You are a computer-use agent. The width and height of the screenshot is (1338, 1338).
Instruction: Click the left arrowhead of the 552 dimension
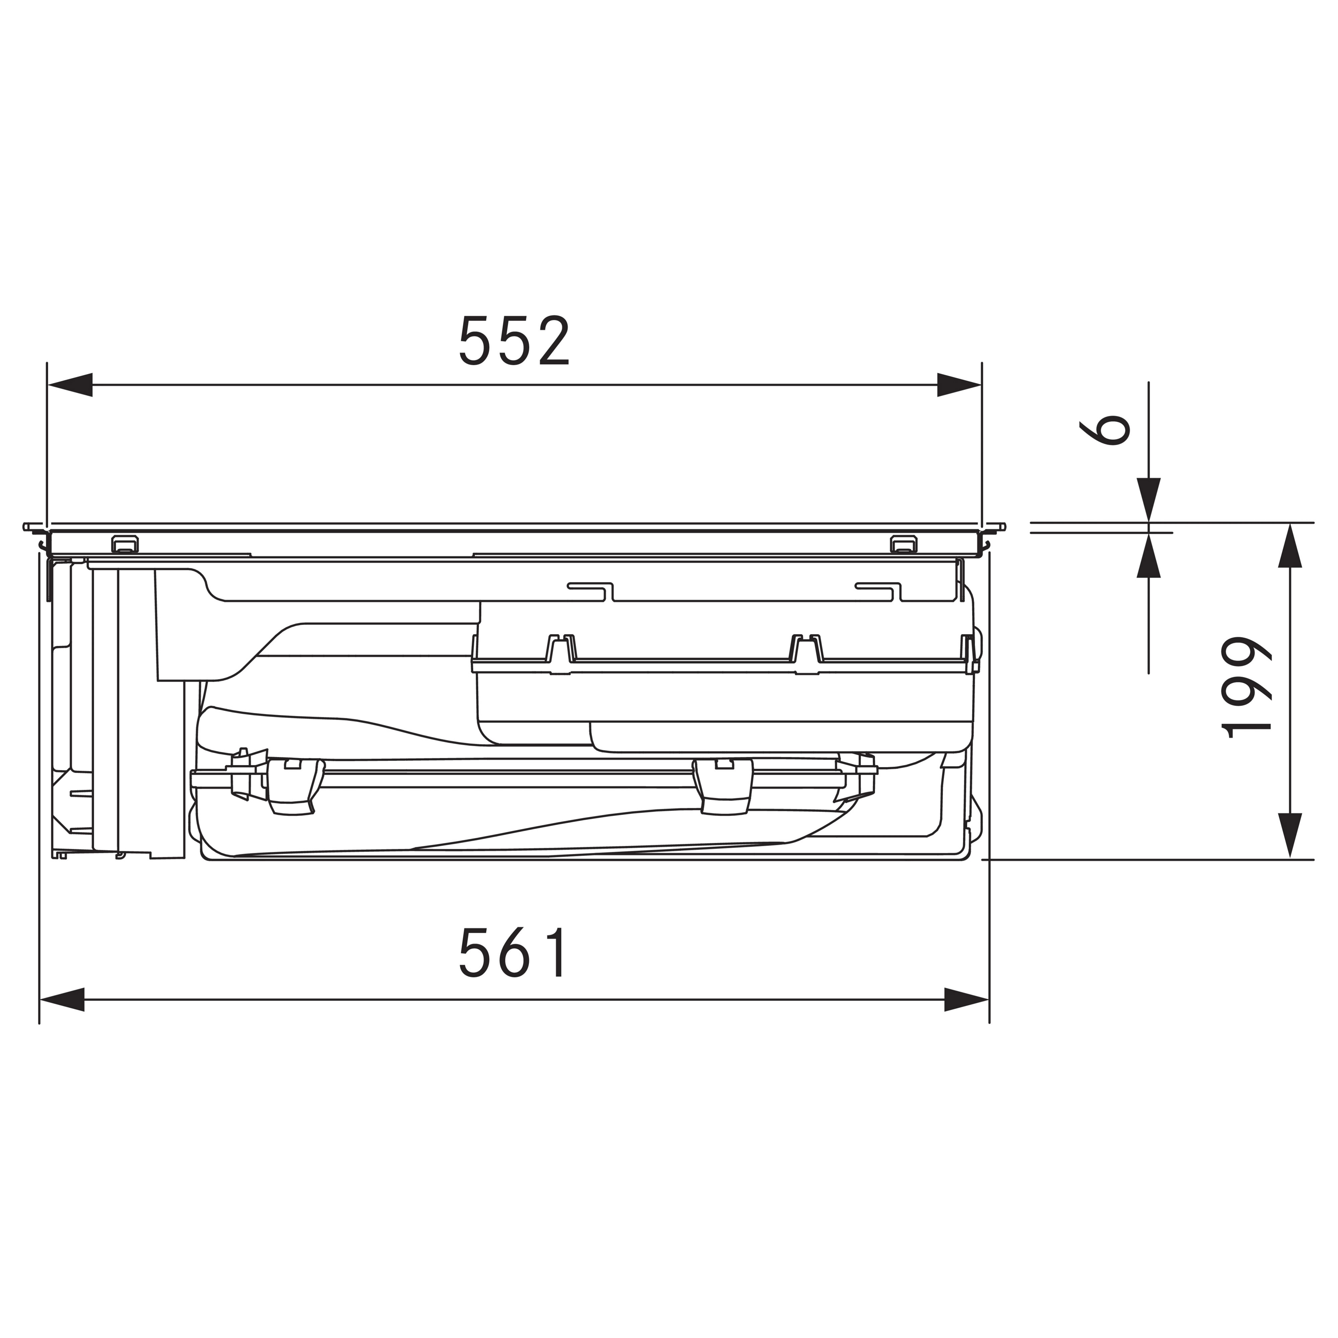(x=69, y=385)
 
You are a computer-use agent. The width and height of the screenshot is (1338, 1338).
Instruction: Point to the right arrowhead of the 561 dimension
(x=967, y=999)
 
